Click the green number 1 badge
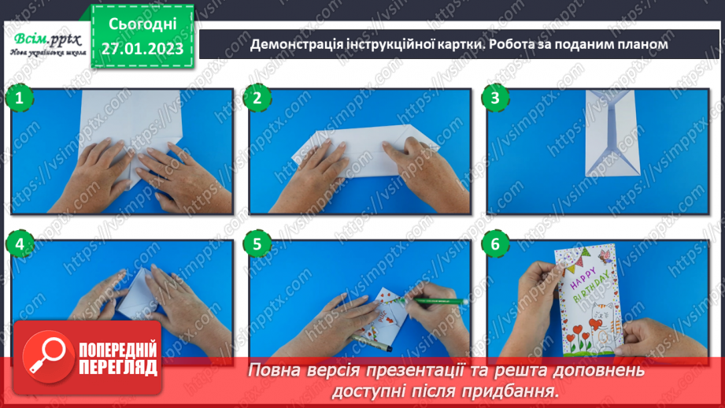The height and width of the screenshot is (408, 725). pyautogui.click(x=17, y=98)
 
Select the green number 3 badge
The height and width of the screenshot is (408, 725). pyautogui.click(x=494, y=98)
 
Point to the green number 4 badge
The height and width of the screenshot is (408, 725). pyautogui.click(x=17, y=245)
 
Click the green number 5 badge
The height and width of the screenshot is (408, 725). pyautogui.click(x=256, y=245)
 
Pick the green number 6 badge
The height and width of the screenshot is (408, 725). pyautogui.click(x=494, y=245)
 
